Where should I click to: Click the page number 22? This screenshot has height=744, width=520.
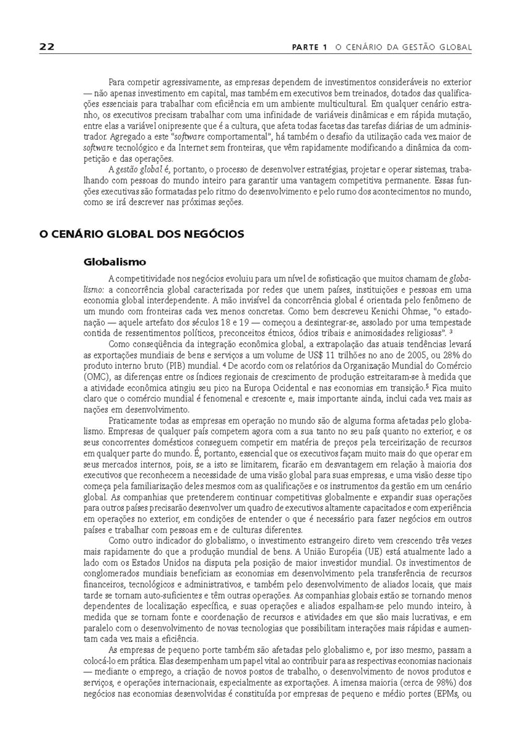coord(46,47)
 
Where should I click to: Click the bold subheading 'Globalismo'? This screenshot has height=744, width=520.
coord(115,262)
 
